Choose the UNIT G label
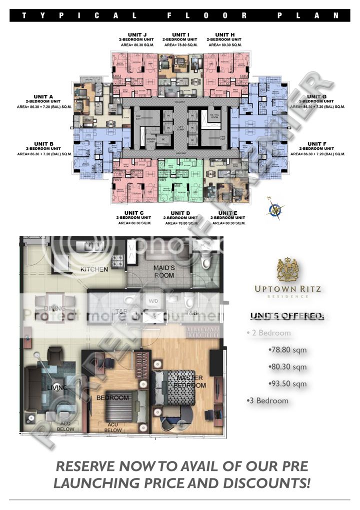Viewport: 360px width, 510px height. pyautogui.click(x=316, y=96)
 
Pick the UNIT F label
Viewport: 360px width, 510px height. pyautogui.click(x=316, y=144)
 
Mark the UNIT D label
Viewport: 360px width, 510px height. pyautogui.click(x=181, y=213)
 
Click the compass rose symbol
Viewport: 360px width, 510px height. pyautogui.click(x=275, y=207)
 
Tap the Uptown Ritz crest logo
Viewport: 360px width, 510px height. pyautogui.click(x=287, y=270)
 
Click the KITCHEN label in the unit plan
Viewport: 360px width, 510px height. pyautogui.click(x=94, y=269)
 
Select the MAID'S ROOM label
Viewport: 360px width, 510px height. pyautogui.click(x=163, y=271)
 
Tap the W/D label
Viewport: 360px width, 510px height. pyautogui.click(x=152, y=301)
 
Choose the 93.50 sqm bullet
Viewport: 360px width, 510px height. pyautogui.click(x=287, y=384)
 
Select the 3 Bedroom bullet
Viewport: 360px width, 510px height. pyautogui.click(x=268, y=401)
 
